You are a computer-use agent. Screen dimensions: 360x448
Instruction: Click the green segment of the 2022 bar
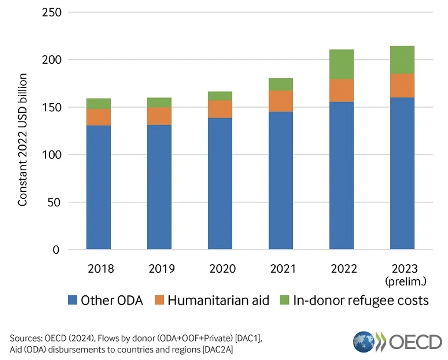pos(341,64)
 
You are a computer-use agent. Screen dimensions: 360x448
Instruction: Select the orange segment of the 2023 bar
pos(402,85)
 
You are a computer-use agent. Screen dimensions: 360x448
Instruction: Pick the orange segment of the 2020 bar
pos(220,109)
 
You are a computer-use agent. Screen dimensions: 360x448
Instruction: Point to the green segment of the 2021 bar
pos(281,84)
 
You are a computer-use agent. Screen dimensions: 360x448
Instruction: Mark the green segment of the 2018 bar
pos(99,104)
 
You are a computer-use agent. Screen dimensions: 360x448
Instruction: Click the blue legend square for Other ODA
pos(72,300)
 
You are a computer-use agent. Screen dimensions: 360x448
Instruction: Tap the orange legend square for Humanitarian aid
pos(159,300)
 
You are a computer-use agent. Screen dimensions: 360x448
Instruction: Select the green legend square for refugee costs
pos(284,300)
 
